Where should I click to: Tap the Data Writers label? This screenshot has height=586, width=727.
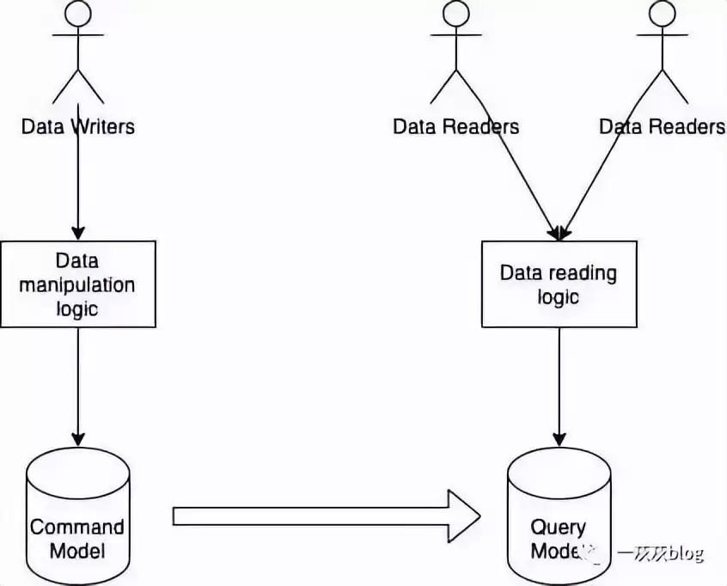(x=78, y=127)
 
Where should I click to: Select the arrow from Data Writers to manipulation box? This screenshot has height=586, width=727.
(x=78, y=189)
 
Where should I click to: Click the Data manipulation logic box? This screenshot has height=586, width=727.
(x=78, y=284)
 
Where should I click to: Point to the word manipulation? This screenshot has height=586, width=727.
(x=77, y=284)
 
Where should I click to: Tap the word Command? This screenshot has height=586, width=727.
(x=77, y=527)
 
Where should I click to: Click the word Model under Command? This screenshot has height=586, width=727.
(x=77, y=551)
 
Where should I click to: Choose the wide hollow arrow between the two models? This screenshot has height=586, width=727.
(x=327, y=516)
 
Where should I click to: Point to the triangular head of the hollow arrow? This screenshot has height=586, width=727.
(x=464, y=516)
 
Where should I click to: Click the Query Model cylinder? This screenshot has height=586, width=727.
(x=559, y=516)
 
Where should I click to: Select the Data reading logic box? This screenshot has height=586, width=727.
(x=559, y=284)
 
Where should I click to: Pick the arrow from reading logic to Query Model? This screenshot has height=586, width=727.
(x=559, y=387)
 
